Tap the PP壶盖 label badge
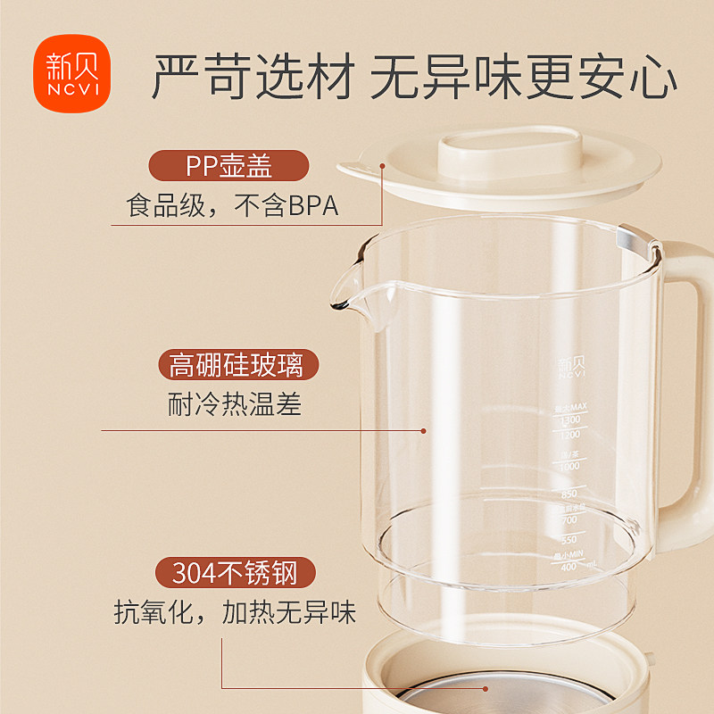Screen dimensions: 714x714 pos(228,166)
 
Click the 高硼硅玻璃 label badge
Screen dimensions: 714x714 pos(237,365)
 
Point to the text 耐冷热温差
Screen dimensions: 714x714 pos(235,405)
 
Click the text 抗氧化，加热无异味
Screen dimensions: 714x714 pos(235,612)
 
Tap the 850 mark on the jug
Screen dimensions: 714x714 pos(567,493)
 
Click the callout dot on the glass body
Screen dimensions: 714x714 pos(423,430)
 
